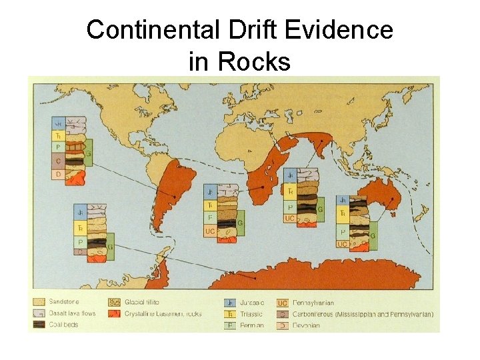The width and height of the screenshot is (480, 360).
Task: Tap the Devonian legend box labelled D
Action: click(283, 325)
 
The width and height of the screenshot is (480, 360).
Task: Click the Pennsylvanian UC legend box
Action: click(283, 302)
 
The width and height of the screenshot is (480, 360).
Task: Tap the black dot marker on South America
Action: click(175, 196)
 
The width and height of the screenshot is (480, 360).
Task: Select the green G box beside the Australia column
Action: click(372, 235)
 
